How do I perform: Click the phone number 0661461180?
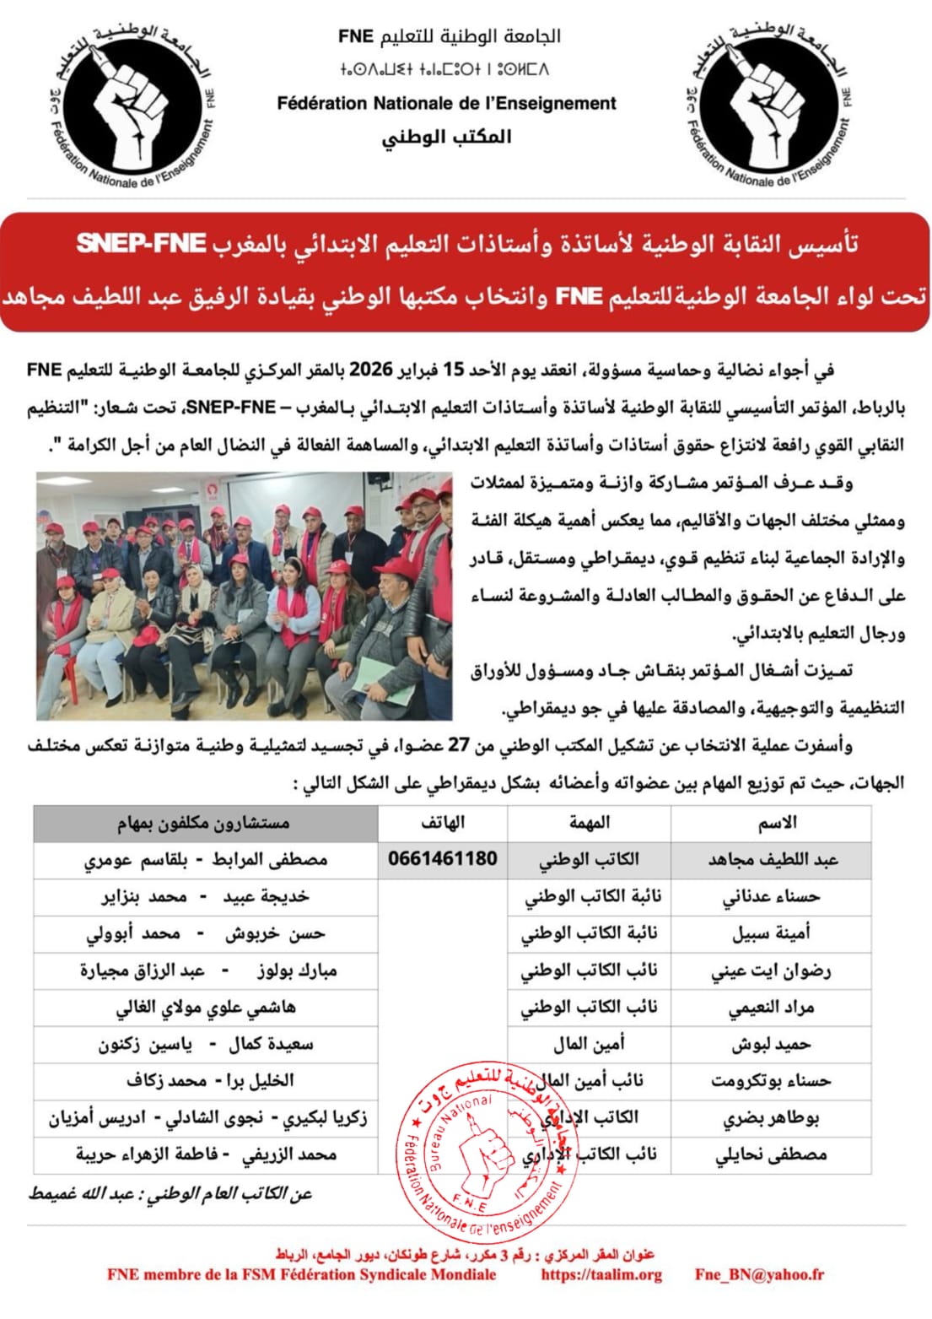[442, 859]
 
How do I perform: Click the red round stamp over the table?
[481, 1153]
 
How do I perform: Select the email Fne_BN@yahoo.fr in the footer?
[759, 1275]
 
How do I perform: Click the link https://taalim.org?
[601, 1275]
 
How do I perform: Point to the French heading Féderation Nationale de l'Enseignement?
[446, 104]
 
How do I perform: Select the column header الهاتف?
[442, 823]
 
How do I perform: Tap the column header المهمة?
[589, 823]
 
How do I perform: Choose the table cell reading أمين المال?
[589, 1045]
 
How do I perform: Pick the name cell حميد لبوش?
[771, 1045]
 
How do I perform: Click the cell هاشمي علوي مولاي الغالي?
[206, 1008]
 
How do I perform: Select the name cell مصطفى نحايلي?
[771, 1155]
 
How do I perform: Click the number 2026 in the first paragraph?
[371, 370]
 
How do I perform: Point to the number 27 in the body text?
[458, 745]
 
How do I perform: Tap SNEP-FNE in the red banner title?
[141, 244]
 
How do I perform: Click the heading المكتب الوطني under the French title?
[446, 137]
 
